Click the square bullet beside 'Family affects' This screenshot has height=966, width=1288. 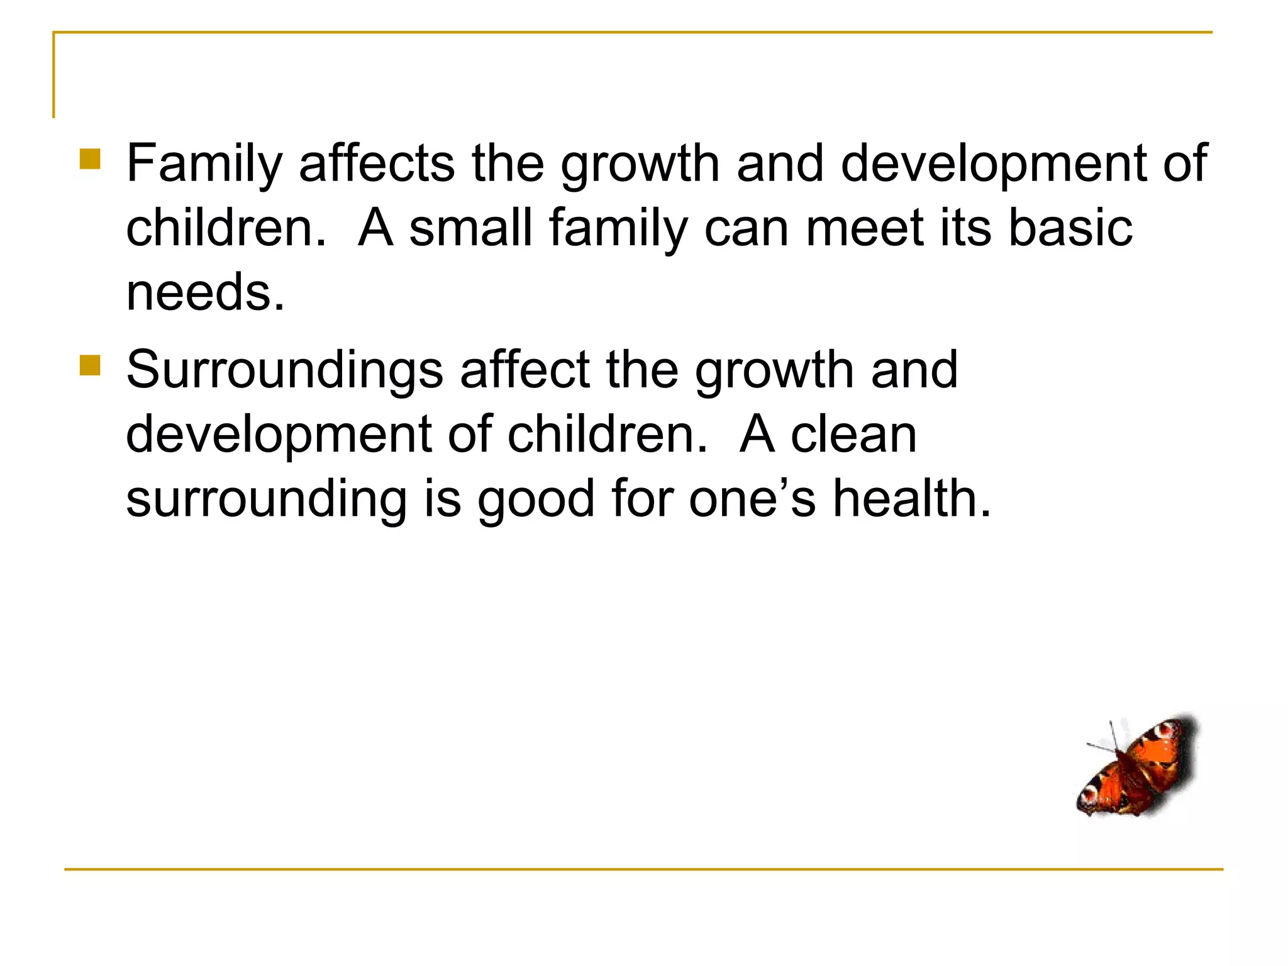coord(90,159)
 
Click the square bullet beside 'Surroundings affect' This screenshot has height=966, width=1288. coord(90,365)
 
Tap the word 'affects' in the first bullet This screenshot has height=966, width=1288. coord(377,163)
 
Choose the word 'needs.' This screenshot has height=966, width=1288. coord(206,292)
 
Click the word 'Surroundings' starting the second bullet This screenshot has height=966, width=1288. coord(285,370)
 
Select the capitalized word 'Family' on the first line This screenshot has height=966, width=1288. coord(204,164)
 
